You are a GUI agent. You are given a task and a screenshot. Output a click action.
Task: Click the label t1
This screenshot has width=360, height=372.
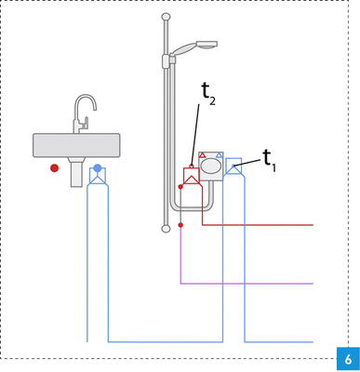269,159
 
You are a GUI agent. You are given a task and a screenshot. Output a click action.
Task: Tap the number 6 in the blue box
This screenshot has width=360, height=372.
347,359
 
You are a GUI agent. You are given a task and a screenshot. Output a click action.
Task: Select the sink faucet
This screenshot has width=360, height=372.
84,111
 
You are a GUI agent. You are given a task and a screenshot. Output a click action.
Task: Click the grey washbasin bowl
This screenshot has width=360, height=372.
76,144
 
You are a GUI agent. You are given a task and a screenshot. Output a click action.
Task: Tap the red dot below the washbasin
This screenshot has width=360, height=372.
54,168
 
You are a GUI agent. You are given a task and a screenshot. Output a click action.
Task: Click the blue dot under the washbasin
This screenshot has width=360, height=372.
98,168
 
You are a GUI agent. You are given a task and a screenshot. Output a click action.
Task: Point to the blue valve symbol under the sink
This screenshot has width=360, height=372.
97,176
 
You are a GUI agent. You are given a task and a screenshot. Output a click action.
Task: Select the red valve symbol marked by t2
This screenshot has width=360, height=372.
192,176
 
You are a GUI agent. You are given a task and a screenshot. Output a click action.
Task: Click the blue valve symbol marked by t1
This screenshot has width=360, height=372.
233,166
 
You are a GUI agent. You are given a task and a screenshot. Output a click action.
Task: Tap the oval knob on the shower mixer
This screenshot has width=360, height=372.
211,166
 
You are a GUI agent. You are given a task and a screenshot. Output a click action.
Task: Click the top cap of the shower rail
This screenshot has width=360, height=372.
166,17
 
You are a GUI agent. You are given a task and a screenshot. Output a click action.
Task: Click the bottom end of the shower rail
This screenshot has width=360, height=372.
166,228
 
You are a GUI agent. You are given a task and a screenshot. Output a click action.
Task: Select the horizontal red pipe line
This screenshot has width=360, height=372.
260,224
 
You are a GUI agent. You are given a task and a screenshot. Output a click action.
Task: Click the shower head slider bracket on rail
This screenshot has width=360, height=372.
167,60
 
